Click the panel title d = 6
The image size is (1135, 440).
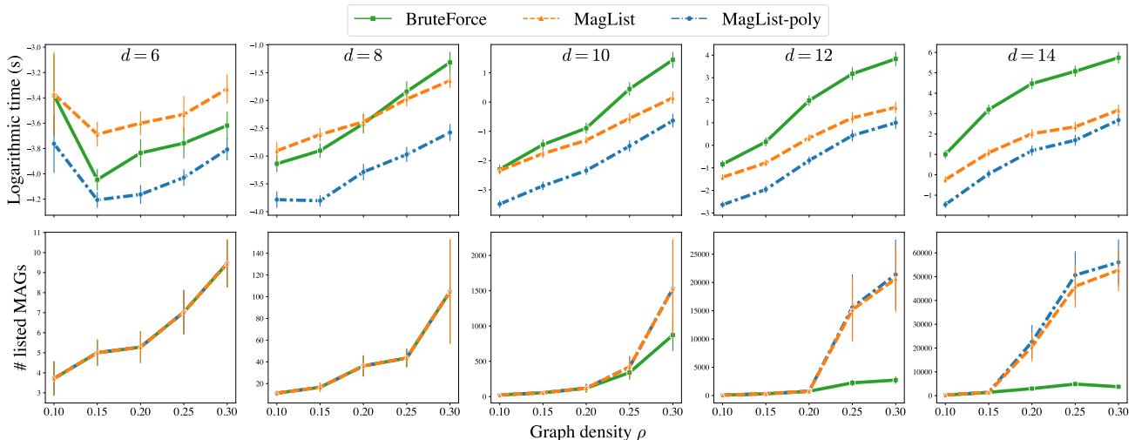138,56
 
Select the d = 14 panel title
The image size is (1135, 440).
1029,56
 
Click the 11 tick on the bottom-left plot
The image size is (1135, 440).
36,233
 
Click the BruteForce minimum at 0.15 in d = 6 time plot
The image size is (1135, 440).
96,179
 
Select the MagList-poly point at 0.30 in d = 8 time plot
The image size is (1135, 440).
449,132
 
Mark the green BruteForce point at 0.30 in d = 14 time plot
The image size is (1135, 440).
1118,58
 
